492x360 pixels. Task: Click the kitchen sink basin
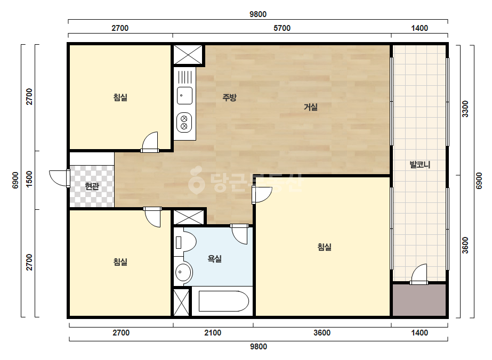pos(184,96)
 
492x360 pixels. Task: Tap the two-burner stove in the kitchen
pos(184,122)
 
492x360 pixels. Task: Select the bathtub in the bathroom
pos(224,301)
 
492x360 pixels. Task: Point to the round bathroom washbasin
pos(183,272)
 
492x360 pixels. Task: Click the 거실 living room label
pos(311,107)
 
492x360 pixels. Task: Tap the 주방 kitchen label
pos(229,97)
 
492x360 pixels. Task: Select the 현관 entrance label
pos(92,186)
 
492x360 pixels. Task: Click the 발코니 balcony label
pos(420,165)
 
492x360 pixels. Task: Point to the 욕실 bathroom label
pos(215,259)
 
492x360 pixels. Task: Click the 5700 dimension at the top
pos(282,28)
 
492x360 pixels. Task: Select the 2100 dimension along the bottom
pos(213,333)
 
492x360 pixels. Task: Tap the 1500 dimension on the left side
pos(29,179)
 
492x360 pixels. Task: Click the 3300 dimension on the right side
pos(465,109)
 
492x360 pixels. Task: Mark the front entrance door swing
pos(60,178)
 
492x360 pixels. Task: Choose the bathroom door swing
pos(240,234)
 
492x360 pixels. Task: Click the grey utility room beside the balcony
pos(419,300)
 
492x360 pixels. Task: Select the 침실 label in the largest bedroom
pos(325,247)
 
